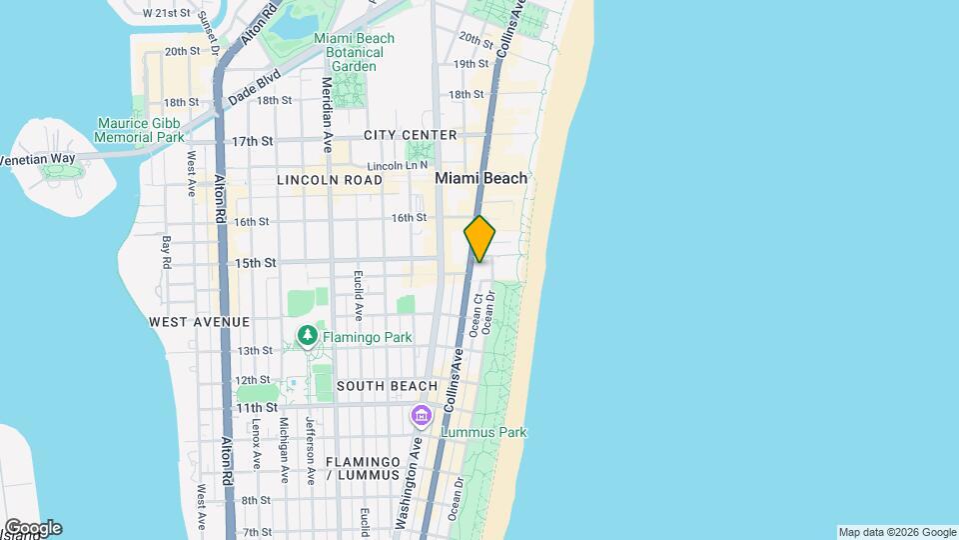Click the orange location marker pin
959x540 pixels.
coord(479,239)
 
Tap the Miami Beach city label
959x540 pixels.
coord(481,178)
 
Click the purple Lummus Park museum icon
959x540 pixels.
coord(421,415)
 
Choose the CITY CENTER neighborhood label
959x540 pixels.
coord(411,135)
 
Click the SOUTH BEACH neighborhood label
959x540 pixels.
coord(388,386)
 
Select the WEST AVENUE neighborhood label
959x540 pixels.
coord(199,322)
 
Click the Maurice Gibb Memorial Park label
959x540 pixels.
coord(140,130)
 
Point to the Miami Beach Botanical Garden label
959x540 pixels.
coord(354,52)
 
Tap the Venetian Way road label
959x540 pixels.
coord(36,159)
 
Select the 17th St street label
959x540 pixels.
coord(253,141)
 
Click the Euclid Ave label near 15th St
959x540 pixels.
coord(357,291)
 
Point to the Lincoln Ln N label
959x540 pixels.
coord(398,165)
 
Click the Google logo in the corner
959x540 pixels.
coord(32,528)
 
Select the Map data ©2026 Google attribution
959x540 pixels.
coord(897,532)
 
